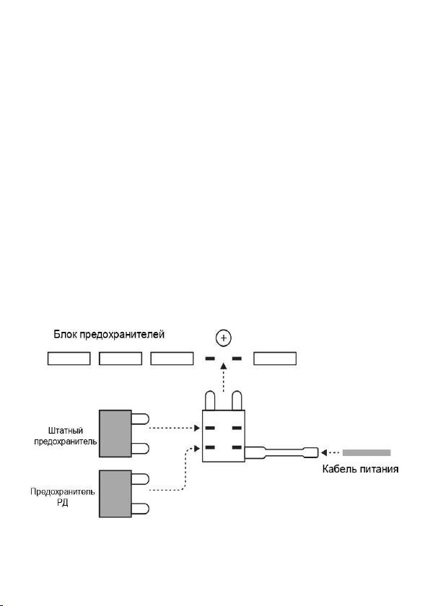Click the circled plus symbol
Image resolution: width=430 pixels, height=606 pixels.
[224, 338]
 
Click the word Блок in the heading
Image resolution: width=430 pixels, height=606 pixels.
[65, 334]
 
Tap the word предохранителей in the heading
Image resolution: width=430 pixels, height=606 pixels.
[122, 335]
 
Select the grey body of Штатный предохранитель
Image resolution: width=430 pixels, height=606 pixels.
[115, 434]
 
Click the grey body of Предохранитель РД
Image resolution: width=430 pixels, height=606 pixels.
[115, 493]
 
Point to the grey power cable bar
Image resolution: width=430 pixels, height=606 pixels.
[367, 452]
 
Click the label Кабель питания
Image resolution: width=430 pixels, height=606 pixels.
[360, 469]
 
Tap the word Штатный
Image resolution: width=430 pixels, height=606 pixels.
[66, 431]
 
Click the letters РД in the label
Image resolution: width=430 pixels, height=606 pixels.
[62, 504]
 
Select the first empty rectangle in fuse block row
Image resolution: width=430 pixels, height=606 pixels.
[69, 359]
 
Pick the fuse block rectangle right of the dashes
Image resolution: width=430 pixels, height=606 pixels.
[275, 359]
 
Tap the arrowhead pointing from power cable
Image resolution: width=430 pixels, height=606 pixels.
[324, 452]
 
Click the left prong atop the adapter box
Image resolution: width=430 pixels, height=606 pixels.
[210, 401]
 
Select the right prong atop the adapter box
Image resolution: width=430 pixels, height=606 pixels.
[237, 401]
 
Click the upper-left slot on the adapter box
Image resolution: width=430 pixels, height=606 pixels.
[210, 428]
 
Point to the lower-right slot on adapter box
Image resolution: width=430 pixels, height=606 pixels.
[237, 447]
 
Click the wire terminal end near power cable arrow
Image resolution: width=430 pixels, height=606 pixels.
[312, 452]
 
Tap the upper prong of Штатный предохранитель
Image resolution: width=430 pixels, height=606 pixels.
[140, 419]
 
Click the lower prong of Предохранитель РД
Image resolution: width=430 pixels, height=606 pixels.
[140, 509]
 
